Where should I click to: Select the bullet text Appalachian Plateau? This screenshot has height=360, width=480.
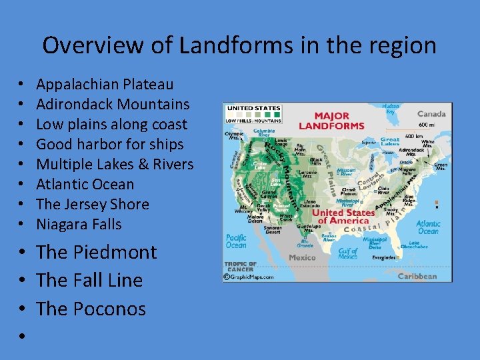coord(105,84)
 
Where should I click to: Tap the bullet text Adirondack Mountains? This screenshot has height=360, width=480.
coord(113,104)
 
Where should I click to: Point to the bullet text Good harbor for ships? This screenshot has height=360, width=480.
coord(109,144)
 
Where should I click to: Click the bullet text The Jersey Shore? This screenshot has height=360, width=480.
coord(92,204)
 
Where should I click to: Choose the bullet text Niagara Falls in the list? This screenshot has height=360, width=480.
coord(79,224)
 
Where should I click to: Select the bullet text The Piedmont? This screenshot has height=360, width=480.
coord(97,252)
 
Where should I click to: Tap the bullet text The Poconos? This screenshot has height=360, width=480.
coord(91,309)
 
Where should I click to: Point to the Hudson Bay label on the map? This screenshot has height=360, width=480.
coord(391,109)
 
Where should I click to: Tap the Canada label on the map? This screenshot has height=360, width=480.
coord(431,113)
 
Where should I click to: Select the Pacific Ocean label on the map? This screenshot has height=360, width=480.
coord(236,241)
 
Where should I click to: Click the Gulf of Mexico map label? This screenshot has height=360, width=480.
coord(347,252)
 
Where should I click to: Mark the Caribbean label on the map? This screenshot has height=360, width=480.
coord(417,276)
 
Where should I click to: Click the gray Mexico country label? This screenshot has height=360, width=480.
coord(302,257)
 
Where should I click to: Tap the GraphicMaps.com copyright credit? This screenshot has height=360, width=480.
coord(249,276)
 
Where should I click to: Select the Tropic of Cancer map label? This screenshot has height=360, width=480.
coord(239,267)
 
